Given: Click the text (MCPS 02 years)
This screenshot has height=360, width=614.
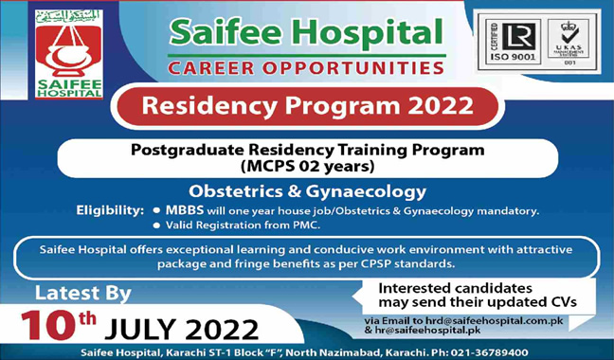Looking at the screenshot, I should (307, 167).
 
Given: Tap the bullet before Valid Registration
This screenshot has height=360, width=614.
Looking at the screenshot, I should (155, 225).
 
